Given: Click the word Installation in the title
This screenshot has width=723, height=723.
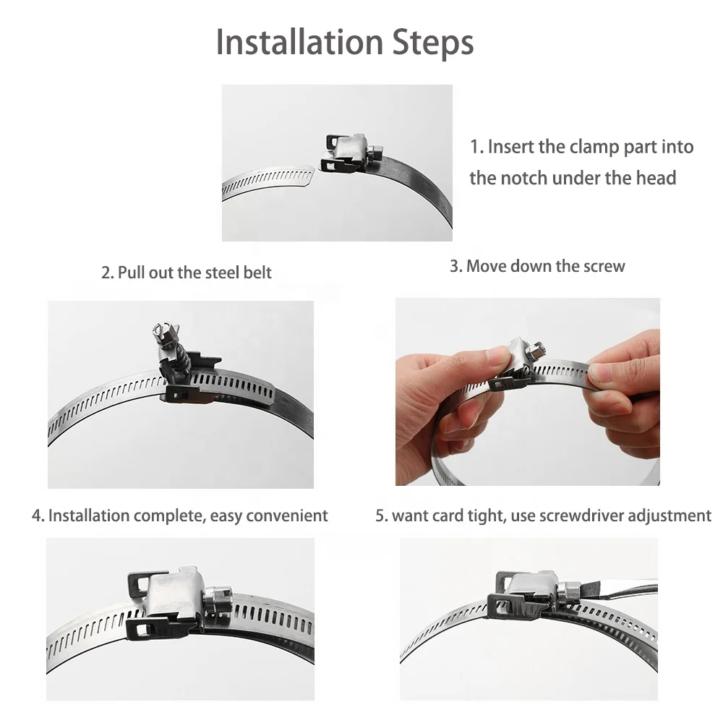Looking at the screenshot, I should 297,43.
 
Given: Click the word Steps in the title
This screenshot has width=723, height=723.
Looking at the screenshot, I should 432,43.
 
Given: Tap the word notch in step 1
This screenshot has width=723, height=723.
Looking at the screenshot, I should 521,178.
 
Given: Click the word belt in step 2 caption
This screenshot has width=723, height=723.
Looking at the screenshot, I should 256,273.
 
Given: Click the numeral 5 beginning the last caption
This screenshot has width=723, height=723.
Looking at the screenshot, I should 380,515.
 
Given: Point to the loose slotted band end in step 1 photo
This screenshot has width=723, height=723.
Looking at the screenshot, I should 268,179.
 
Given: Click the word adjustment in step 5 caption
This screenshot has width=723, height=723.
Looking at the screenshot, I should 669,515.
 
